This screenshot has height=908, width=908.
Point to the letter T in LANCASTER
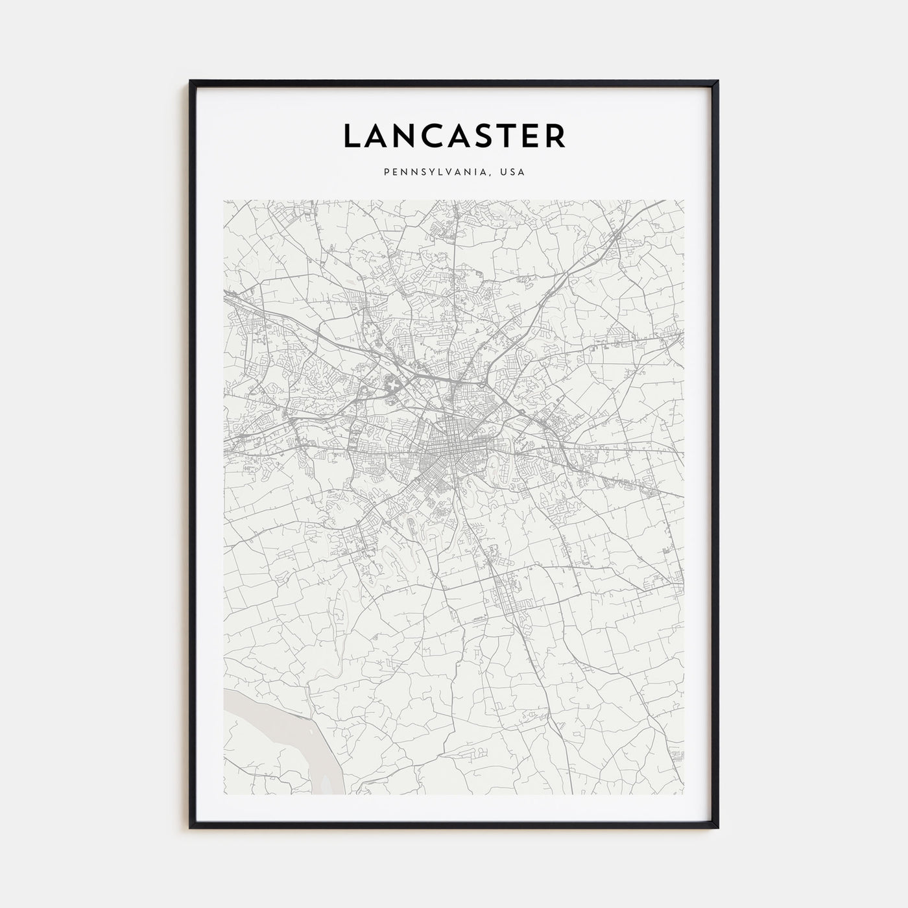click(515, 136)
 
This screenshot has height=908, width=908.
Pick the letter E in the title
click(535, 136)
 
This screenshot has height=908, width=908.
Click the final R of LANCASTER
click(557, 136)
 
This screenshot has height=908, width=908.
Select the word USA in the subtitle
click(512, 173)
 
